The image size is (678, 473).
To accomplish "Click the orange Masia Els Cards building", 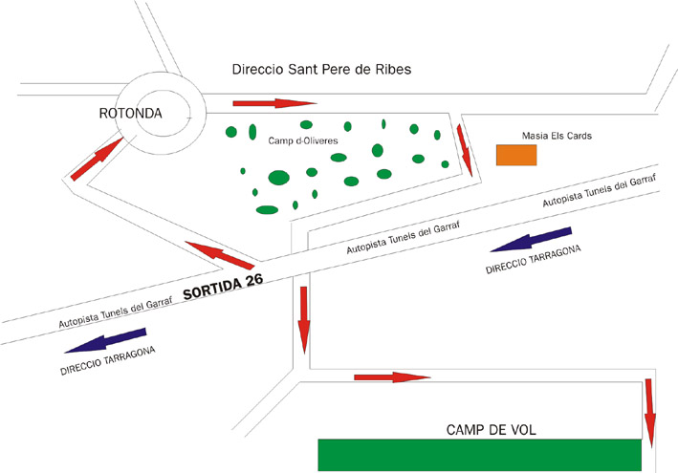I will click(515, 155).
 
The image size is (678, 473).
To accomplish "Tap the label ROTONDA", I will click(131, 114).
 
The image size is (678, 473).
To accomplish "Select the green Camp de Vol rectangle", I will click(479, 454).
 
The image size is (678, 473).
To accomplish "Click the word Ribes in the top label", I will click(391, 71).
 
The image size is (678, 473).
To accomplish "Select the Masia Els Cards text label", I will click(558, 136).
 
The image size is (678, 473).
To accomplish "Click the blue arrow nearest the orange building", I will click(531, 239).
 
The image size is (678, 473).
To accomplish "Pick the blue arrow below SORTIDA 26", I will click(108, 342).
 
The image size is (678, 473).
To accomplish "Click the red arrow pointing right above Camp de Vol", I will click(392, 377).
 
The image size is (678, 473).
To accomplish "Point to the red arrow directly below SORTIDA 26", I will click(303, 318).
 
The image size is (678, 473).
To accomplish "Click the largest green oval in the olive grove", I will click(278, 177).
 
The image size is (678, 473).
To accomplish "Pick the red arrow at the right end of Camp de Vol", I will click(650, 411).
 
